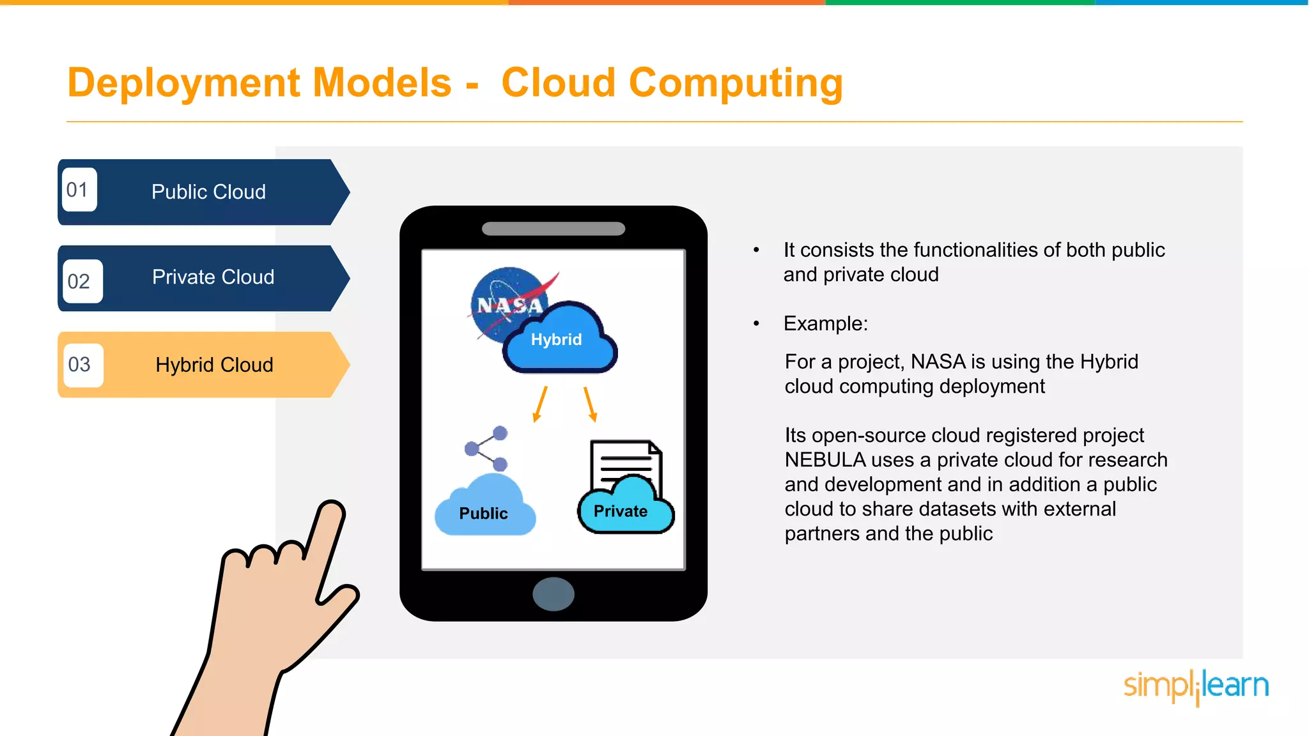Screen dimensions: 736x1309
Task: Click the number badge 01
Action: click(79, 190)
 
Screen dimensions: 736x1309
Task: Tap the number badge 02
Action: click(81, 281)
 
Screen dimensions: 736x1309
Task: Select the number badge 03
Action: click(81, 365)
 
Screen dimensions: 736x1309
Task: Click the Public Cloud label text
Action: click(208, 192)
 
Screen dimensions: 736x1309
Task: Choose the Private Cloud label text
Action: click(213, 277)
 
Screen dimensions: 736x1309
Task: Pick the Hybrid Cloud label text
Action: click(214, 365)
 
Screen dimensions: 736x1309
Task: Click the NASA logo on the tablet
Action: click(505, 300)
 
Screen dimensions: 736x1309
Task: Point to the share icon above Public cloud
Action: click(486, 448)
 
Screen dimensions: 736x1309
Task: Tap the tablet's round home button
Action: click(554, 594)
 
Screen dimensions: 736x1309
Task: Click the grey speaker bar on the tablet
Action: click(554, 229)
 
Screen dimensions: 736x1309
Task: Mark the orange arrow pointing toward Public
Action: click(540, 404)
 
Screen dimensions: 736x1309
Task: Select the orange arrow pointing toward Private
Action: click(590, 404)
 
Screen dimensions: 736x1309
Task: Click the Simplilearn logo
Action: click(1196, 686)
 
